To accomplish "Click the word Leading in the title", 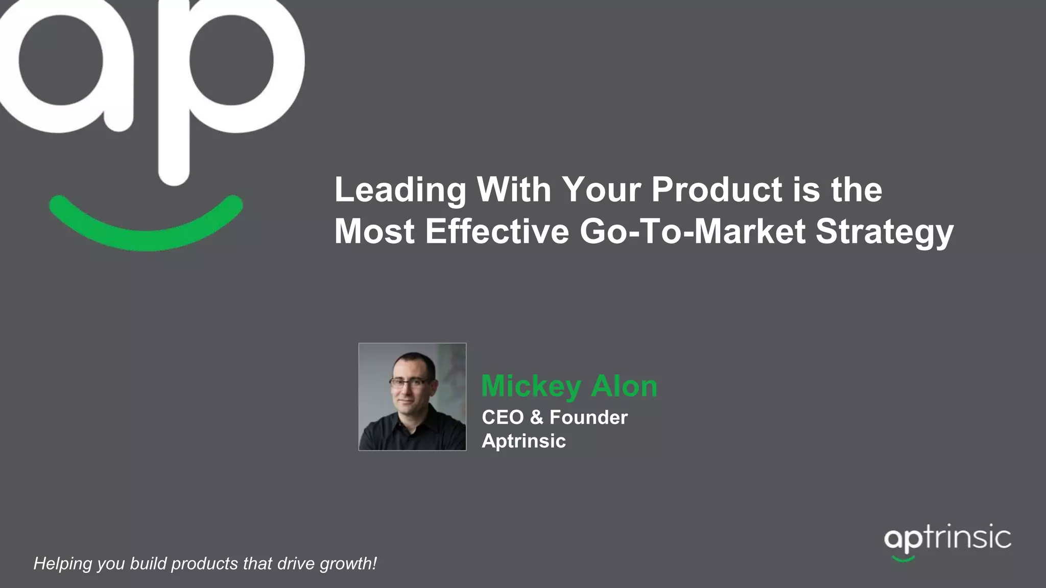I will (400, 190).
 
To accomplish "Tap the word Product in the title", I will (717, 189).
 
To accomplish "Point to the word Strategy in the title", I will (885, 232).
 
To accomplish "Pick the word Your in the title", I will (601, 189).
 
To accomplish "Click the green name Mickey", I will (531, 386).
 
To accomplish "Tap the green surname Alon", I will (624, 386).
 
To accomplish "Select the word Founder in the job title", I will (588, 418).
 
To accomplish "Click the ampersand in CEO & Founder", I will (536, 418).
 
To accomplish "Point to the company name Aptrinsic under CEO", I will (524, 441).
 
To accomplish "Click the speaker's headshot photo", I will (412, 397).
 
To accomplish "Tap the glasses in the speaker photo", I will (409, 381).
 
